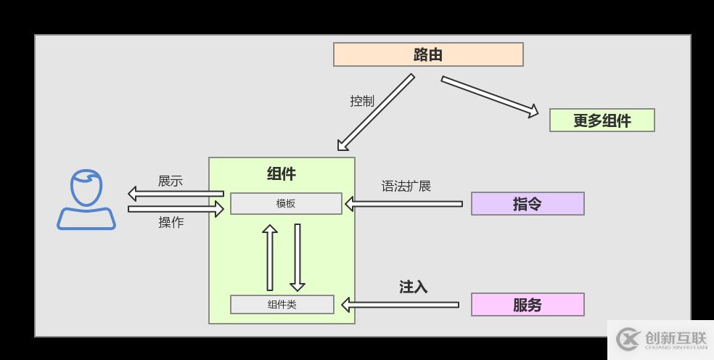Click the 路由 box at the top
428,54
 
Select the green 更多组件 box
602,120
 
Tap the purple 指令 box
528,204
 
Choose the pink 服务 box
528,305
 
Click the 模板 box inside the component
286,204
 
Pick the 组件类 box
282,305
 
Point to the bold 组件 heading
282,174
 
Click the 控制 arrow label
362,102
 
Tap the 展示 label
171,181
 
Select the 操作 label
171,223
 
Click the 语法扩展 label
406,187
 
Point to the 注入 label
413,287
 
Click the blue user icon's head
86,188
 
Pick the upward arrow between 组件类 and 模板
270,258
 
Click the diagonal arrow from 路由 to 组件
375,112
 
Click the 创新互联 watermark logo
660,339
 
